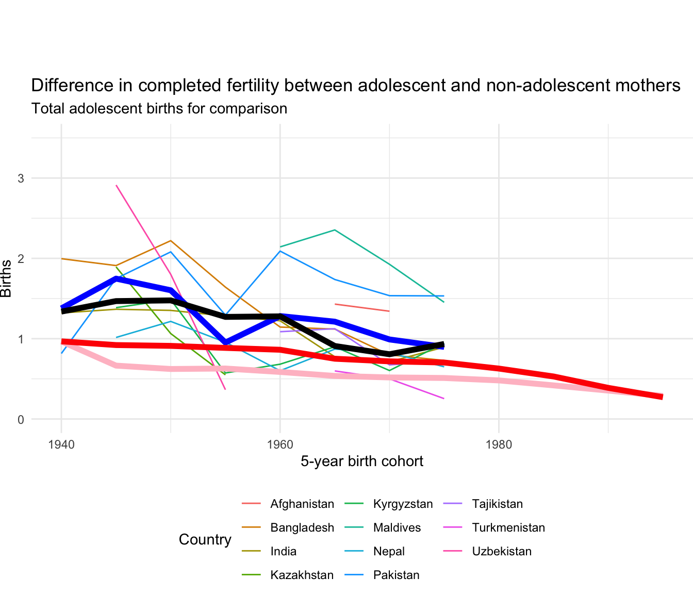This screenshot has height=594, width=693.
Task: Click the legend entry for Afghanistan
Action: click(x=302, y=504)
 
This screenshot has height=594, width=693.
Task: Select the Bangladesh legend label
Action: click(x=302, y=527)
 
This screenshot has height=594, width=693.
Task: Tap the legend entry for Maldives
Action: click(x=397, y=527)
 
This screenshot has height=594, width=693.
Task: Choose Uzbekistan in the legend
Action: click(x=501, y=551)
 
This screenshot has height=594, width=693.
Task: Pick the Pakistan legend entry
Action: click(x=396, y=575)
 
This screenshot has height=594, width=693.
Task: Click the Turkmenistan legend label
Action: click(x=508, y=527)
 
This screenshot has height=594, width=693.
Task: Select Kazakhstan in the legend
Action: click(x=302, y=575)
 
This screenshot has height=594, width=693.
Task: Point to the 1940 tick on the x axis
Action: click(x=61, y=444)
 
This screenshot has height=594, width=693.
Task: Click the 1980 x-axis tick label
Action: click(x=499, y=444)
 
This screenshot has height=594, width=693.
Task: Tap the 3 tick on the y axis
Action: click(x=21, y=178)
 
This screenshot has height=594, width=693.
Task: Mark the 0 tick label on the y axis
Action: click(x=21, y=420)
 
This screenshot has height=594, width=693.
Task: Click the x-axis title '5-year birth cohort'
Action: click(x=362, y=461)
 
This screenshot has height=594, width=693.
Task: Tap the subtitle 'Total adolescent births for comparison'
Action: click(x=159, y=109)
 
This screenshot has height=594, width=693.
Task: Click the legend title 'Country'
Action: click(x=205, y=539)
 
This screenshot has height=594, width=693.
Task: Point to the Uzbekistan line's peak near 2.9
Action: click(x=117, y=185)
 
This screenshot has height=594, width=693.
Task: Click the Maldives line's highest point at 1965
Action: click(x=335, y=230)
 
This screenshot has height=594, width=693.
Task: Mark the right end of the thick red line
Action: click(x=662, y=397)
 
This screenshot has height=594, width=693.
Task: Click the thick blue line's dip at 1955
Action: click(x=225, y=342)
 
